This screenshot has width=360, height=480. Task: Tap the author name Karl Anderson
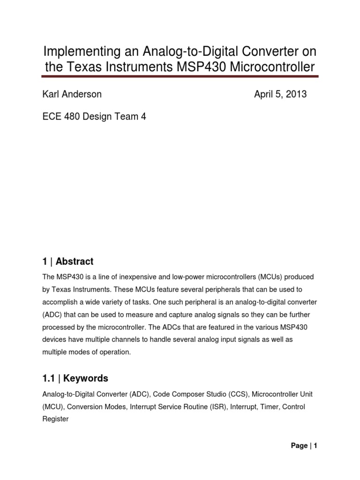point(72,94)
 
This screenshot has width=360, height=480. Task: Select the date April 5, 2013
point(280,94)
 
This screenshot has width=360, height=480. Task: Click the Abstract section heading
point(75,262)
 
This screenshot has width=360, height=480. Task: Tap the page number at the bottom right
point(304,446)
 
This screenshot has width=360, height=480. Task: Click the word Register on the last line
point(55,419)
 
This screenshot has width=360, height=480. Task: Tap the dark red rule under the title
point(180,75)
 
